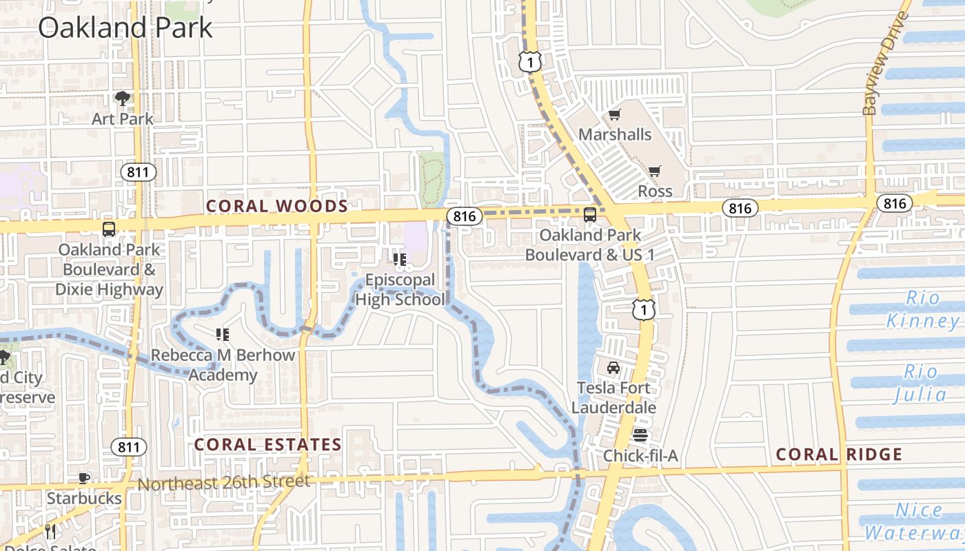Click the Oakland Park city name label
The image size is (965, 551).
[125, 28]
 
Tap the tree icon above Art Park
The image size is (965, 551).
[123, 98]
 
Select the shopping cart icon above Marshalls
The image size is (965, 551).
[614, 114]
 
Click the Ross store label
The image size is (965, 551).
[655, 191]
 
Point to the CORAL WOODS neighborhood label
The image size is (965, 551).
[277, 206]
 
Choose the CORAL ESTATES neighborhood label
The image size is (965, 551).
[267, 444]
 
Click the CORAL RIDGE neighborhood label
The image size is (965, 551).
[839, 454]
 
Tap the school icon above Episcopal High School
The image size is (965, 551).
[399, 260]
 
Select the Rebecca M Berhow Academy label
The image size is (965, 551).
[223, 365]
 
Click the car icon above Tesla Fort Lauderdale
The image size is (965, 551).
[613, 368]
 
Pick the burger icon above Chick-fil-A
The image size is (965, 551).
[640, 435]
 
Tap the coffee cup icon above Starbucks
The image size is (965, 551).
[83, 478]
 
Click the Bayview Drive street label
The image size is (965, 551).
[886, 63]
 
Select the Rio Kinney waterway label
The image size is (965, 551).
[922, 310]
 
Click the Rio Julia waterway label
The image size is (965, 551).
[920, 383]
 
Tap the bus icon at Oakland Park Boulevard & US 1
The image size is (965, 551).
[590, 215]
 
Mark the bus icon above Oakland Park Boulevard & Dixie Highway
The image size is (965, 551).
[108, 229]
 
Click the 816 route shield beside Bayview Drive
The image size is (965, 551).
[895, 202]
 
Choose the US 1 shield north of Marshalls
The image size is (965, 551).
[529, 62]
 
